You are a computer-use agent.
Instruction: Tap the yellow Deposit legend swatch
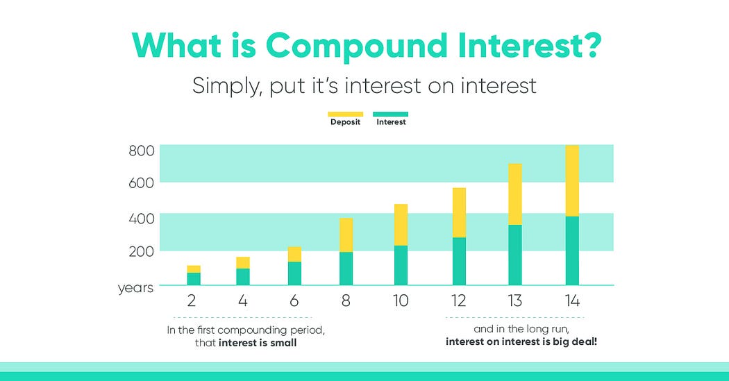[x=346, y=115]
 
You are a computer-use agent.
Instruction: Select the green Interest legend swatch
[x=390, y=115]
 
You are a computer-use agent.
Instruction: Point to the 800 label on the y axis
[x=142, y=151]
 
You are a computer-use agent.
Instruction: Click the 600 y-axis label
[x=142, y=183]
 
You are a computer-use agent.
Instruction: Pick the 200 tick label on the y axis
[x=142, y=251]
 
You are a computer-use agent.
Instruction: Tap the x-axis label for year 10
[x=401, y=301]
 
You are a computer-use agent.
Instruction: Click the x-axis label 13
[x=514, y=301]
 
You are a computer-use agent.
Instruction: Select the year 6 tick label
[x=294, y=301]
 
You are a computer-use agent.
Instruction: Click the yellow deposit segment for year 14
[x=572, y=180]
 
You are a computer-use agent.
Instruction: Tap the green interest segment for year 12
[x=459, y=261]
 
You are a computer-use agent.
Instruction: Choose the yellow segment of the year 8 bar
[x=346, y=235]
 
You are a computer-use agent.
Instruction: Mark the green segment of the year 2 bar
[x=194, y=279]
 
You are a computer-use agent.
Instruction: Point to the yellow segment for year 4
[x=243, y=263]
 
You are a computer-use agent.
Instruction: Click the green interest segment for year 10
[x=401, y=265]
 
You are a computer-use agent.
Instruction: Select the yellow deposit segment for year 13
[x=515, y=194]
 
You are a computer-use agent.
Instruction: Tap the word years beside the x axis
[x=135, y=288]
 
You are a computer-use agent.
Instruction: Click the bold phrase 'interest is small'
[x=258, y=344]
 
